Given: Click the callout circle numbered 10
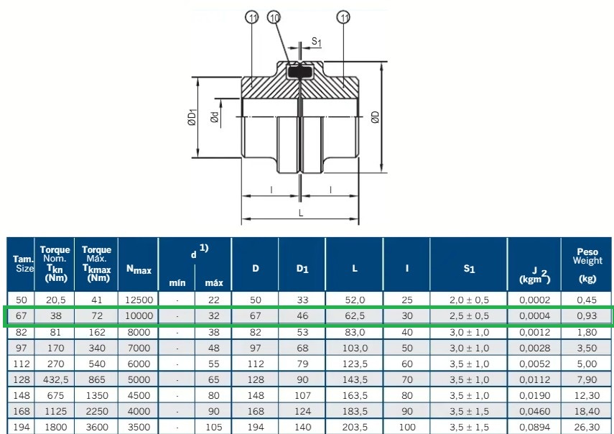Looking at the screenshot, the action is coord(274,17).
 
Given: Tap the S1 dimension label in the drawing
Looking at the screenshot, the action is coord(317,42).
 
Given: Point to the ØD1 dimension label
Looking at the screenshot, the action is coord(192,117).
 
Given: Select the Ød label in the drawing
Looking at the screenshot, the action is coord(215,117).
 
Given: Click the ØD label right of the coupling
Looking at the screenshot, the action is coord(375,117).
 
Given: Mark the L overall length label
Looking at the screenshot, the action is coord(301,213).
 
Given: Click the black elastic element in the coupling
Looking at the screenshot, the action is coord(300,73).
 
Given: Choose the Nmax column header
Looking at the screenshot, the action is coord(139,269).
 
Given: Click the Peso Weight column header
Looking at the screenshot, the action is coord(587,264).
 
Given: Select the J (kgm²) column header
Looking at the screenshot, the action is coord(534,275).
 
